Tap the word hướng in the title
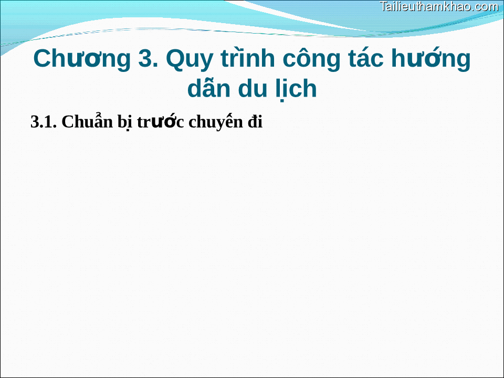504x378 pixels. point(430,60)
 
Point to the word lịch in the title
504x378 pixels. point(296,89)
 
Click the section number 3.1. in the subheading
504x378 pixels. point(44,122)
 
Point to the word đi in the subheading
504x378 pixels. point(255,122)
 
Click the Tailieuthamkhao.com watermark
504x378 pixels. point(439,7)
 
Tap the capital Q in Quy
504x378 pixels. point(175,59)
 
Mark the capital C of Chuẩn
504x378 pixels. point(67,122)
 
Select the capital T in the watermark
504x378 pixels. point(383,7)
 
